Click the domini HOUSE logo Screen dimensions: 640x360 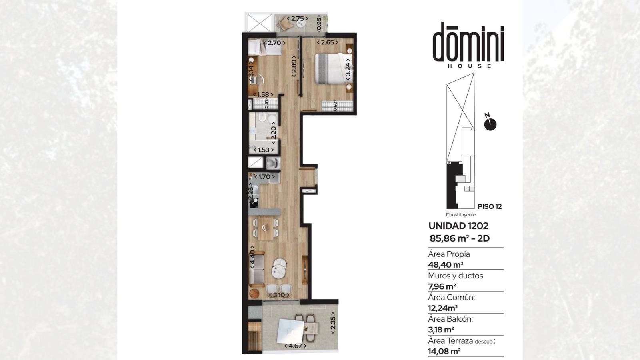pyautogui.click(x=468, y=45)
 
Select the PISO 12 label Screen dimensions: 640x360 pyautogui.click(x=490, y=206)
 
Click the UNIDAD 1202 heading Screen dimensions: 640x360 pyautogui.click(x=458, y=226)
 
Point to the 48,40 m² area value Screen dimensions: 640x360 pyautogui.click(x=446, y=265)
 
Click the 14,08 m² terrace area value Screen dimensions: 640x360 pyautogui.click(x=444, y=351)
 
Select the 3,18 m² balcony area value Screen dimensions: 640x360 pyautogui.click(x=441, y=330)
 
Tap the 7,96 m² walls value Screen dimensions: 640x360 pyautogui.click(x=442, y=286)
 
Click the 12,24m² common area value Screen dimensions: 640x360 pyautogui.click(x=442, y=308)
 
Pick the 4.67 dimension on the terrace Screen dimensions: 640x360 pyautogui.click(x=295, y=346)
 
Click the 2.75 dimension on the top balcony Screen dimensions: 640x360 pyautogui.click(x=298, y=18)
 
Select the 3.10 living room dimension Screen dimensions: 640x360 pyautogui.click(x=279, y=295)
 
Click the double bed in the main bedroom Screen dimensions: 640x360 pyautogui.click(x=333, y=68)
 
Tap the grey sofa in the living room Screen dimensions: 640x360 pyautogui.click(x=256, y=269)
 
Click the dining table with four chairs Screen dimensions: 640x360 pyautogui.click(x=266, y=228)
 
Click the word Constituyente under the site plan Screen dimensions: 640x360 pyautogui.click(x=460, y=215)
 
